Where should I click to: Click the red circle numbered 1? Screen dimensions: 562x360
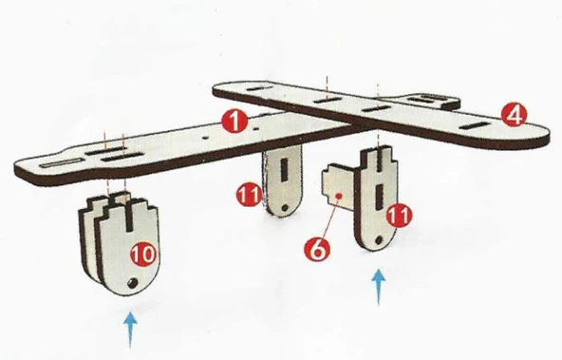pyautogui.click(x=234, y=122)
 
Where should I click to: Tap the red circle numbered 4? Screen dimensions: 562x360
pyautogui.click(x=515, y=114)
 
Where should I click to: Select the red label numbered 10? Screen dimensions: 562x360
pyautogui.click(x=143, y=253)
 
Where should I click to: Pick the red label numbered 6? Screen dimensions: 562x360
pyautogui.click(x=317, y=249)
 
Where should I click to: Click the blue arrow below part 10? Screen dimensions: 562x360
pyautogui.click(x=130, y=330)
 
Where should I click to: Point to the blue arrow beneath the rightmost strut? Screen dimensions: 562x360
pyautogui.click(x=379, y=288)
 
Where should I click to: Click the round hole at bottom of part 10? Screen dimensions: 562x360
pyautogui.click(x=132, y=283)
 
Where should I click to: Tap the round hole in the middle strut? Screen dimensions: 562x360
pyautogui.click(x=285, y=208)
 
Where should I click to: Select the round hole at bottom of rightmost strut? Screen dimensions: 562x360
pyautogui.click(x=377, y=239)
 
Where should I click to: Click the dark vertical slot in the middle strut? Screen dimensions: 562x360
pyautogui.click(x=285, y=169)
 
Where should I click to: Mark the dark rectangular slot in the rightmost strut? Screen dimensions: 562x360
pyautogui.click(x=380, y=196)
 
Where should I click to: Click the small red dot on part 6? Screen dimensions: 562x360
pyautogui.click(x=340, y=196)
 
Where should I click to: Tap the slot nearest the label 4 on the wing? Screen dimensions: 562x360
pyautogui.click(x=475, y=125)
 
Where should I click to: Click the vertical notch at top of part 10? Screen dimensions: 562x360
pyautogui.click(x=129, y=216)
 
